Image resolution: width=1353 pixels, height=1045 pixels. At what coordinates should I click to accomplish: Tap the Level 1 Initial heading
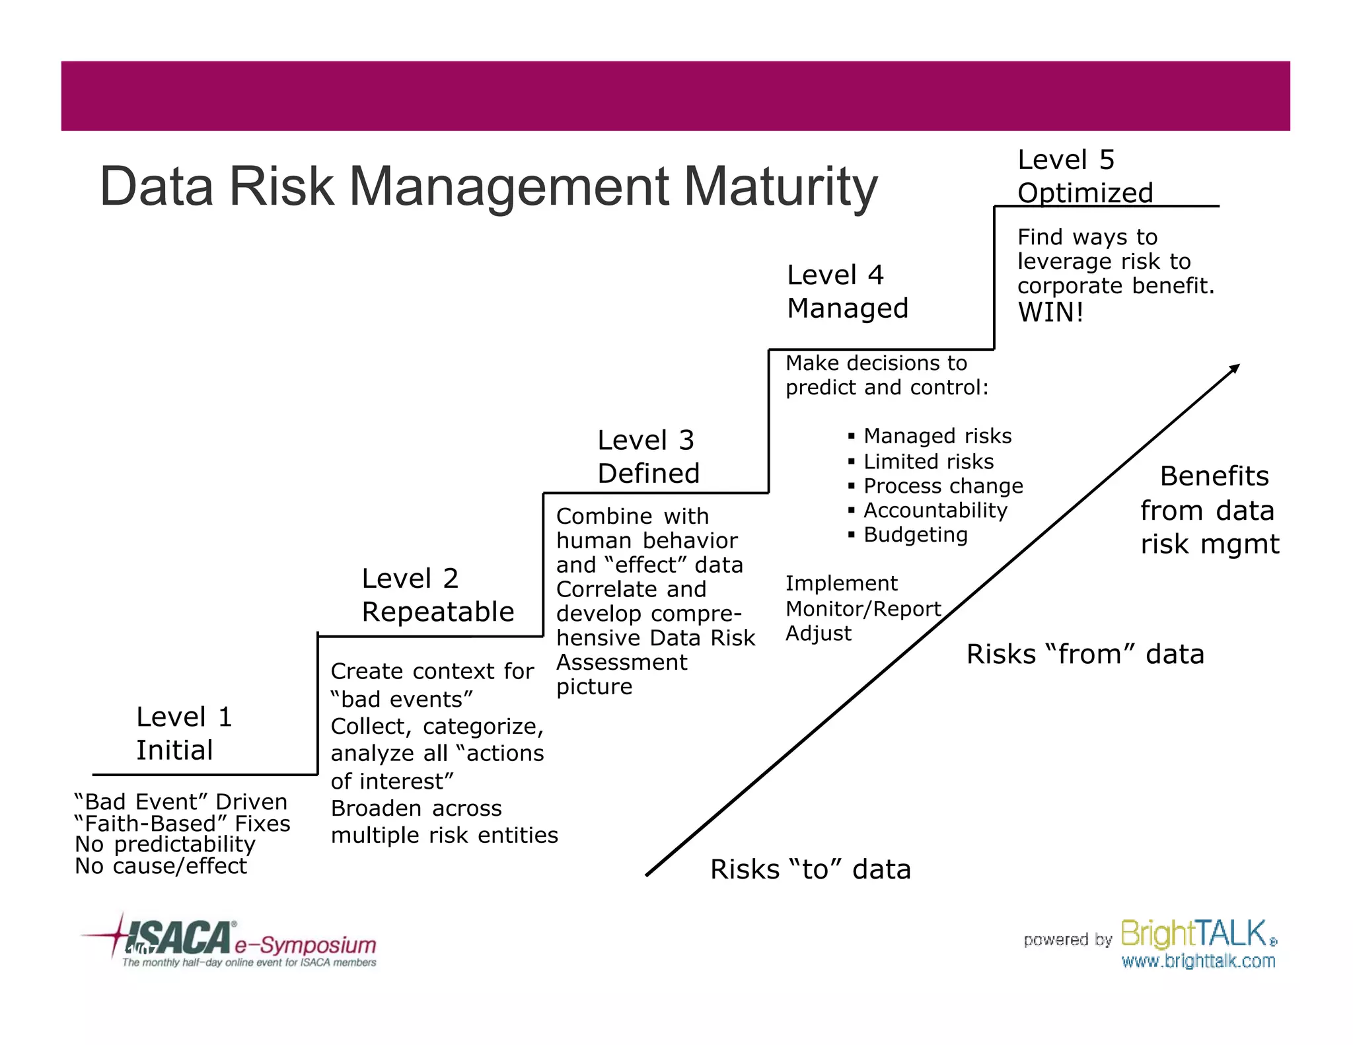184,733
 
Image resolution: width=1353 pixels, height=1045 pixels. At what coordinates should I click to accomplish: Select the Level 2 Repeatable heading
437,595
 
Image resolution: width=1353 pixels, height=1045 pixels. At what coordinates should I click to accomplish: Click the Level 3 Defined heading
647,456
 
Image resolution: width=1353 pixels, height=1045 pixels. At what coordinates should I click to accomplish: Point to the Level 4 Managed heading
848,291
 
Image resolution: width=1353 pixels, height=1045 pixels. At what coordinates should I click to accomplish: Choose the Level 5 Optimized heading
1085,176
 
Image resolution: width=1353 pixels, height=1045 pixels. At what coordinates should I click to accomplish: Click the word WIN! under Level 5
1050,312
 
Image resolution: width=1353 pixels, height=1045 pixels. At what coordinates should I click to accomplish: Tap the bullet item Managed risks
937,436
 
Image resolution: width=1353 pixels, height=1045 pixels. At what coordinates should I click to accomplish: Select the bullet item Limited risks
928,461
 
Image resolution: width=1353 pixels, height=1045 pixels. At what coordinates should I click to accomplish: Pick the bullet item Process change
943,486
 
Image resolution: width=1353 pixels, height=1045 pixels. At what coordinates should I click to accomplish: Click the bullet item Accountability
935,510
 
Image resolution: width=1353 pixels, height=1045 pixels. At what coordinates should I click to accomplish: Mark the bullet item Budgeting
915,534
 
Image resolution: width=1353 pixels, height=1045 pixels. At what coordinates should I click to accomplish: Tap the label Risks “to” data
810,869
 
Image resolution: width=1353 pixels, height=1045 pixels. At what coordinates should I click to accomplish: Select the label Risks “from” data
1085,654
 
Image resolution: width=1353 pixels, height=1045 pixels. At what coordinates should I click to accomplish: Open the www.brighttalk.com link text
1198,961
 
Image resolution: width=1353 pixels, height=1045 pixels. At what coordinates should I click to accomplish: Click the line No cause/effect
161,865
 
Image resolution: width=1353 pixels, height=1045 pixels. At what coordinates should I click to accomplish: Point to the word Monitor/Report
863,608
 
